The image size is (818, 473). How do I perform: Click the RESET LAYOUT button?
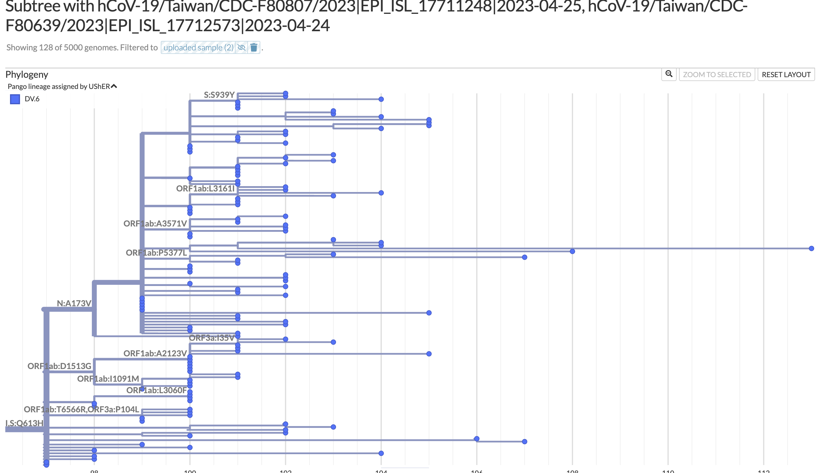[786, 75]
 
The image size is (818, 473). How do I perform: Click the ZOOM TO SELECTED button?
[717, 75]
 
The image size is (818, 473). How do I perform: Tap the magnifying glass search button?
[669, 74]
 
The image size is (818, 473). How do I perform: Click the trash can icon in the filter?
[254, 48]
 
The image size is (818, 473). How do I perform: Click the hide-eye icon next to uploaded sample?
[241, 48]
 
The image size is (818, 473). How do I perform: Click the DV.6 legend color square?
[15, 99]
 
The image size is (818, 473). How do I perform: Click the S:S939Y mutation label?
[219, 95]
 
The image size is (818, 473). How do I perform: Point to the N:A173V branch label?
[74, 303]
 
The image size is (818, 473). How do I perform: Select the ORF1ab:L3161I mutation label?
[205, 188]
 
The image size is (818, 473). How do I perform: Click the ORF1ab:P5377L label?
[156, 253]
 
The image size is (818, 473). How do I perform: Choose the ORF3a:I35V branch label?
[212, 338]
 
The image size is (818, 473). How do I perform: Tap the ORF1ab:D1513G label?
[59, 366]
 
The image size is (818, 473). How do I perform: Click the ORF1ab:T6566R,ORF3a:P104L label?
[81, 409]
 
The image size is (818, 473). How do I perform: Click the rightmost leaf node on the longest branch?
[811, 248]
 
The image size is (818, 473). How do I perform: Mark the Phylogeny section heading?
[27, 75]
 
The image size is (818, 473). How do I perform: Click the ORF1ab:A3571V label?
[155, 224]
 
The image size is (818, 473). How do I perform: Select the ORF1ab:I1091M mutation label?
[108, 379]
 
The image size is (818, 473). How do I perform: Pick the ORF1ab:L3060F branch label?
[156, 390]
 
